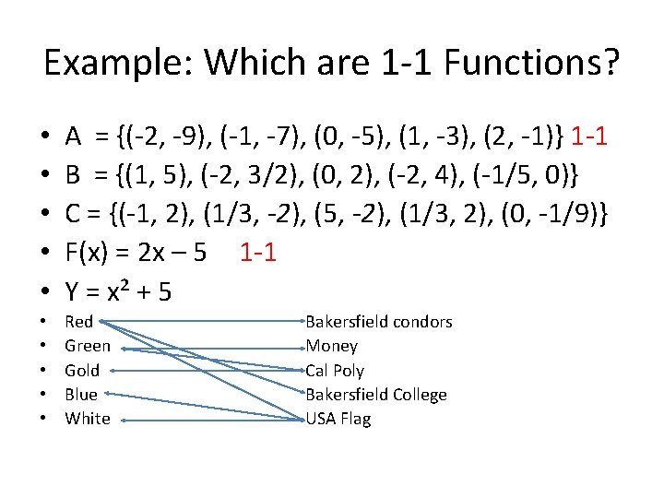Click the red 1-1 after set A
pyautogui.click(x=588, y=138)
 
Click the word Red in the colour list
pyautogui.click(x=79, y=322)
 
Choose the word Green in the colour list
pyautogui.click(x=88, y=346)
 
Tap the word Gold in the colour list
pyautogui.click(x=82, y=370)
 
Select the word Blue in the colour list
pyautogui.click(x=81, y=395)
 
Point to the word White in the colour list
pyautogui.click(x=88, y=419)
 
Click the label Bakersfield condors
pyautogui.click(x=378, y=322)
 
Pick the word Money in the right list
pyautogui.click(x=331, y=346)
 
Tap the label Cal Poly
pyautogui.click(x=335, y=371)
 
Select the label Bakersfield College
pyautogui.click(x=375, y=395)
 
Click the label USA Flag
pyautogui.click(x=338, y=419)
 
